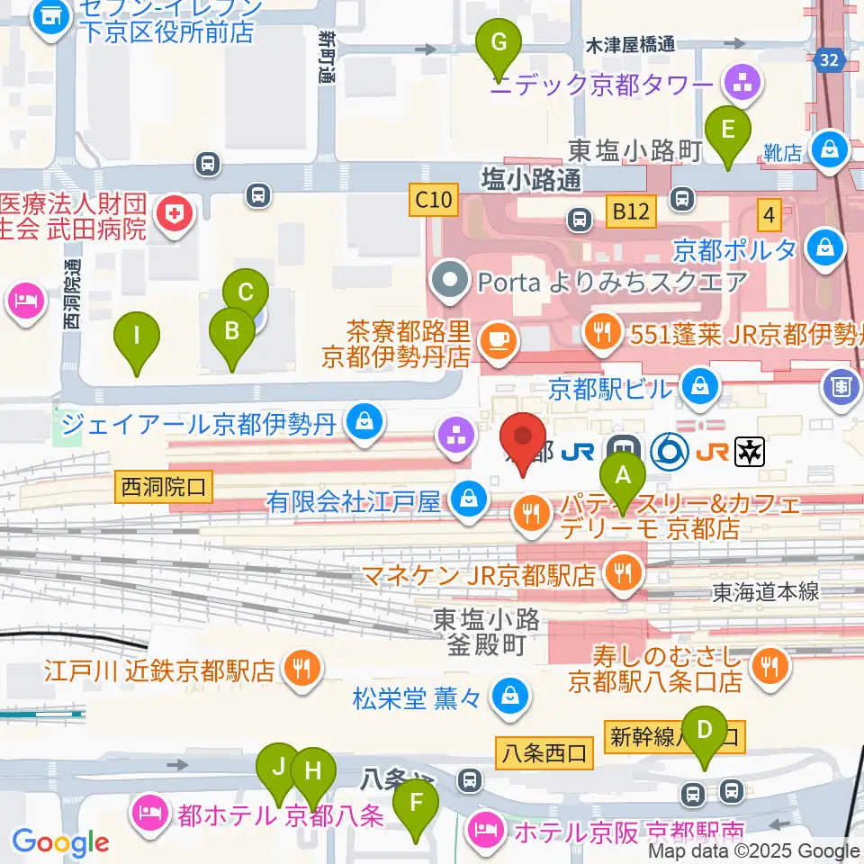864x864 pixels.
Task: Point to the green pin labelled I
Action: click(137, 338)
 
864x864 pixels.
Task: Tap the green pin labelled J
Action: click(278, 768)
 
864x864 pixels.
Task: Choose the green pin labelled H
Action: click(312, 771)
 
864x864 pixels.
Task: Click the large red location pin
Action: click(523, 438)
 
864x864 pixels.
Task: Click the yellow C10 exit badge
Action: click(434, 199)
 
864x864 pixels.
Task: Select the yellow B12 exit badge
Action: click(631, 212)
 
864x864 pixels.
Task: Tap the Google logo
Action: click(59, 842)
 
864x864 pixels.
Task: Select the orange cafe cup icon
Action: click(494, 339)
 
